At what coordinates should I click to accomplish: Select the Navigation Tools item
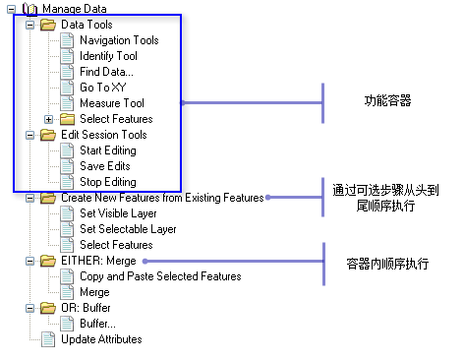[119, 40]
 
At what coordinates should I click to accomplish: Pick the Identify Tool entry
[108, 56]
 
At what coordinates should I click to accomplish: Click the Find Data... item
[108, 72]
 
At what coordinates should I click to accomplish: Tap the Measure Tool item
[112, 103]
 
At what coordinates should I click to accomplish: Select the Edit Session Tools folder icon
[48, 135]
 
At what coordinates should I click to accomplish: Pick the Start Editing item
[108, 150]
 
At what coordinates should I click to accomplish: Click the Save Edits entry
[104, 166]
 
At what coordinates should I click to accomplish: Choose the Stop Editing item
[107, 182]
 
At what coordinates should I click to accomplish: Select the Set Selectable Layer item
[128, 229]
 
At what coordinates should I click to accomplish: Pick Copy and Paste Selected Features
[160, 276]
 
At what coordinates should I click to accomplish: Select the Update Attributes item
[101, 339]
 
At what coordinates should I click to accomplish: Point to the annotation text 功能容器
[386, 101]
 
